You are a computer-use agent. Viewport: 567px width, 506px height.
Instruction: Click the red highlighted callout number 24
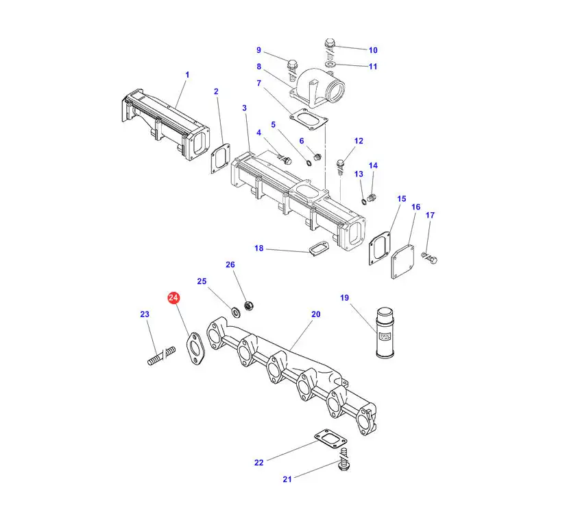click(173, 298)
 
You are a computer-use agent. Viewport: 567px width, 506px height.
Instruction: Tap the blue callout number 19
click(344, 298)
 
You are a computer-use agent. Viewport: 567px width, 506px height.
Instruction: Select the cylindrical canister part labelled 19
click(385, 333)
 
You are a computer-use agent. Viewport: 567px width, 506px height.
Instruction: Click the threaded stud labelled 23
click(162, 356)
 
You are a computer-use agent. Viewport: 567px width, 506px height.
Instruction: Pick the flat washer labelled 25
click(236, 311)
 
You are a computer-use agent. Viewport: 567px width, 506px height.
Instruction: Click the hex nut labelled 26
click(249, 306)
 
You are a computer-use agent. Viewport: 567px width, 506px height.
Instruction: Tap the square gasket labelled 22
click(330, 439)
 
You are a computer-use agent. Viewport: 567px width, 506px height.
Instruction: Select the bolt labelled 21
click(344, 459)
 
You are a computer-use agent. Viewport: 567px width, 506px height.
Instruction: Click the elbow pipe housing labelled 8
click(317, 88)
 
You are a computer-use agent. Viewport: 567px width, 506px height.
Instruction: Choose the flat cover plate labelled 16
click(403, 262)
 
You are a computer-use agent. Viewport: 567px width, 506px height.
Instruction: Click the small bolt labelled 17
click(430, 258)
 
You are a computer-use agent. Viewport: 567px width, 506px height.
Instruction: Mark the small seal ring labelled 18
click(319, 249)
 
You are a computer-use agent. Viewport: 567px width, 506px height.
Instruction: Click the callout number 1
click(187, 75)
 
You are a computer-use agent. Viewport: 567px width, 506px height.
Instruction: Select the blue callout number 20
click(315, 314)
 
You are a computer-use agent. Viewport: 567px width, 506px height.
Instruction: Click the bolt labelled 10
click(329, 49)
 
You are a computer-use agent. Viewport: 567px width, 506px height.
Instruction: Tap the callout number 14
click(373, 165)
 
